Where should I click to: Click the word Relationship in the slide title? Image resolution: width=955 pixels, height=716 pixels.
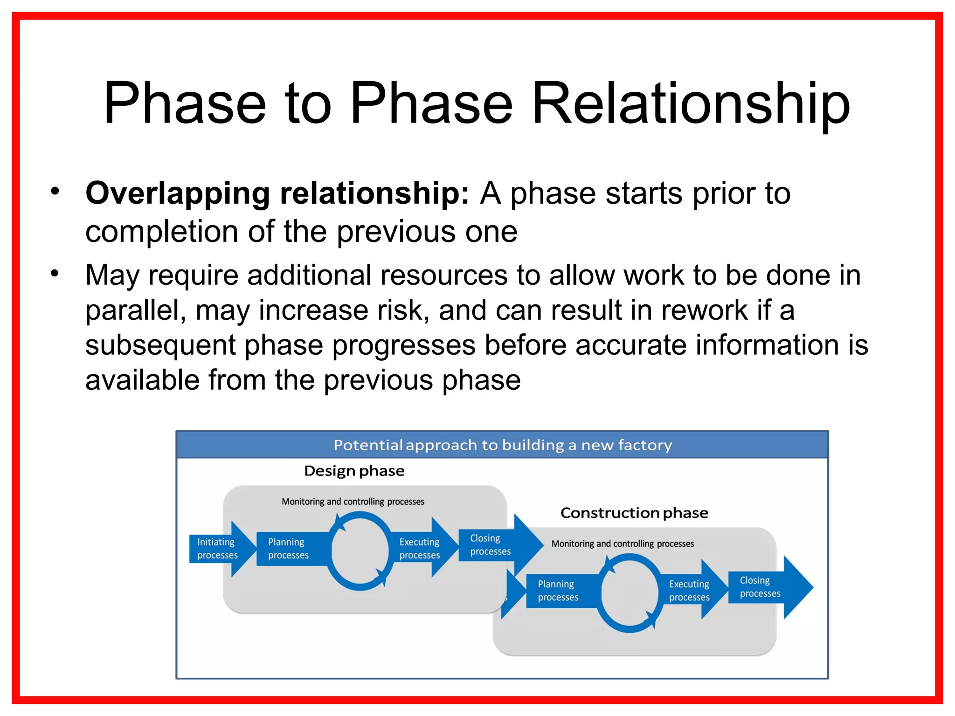(690, 103)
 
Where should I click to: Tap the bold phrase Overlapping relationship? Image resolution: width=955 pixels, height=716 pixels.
(277, 193)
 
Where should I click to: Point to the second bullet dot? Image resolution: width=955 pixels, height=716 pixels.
(55, 273)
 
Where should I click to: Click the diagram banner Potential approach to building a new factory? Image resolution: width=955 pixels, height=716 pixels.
(502, 445)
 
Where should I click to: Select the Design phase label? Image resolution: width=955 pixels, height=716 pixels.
(354, 471)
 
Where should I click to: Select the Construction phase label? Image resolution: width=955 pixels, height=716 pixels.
(634, 513)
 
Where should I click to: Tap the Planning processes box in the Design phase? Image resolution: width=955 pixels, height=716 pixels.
(289, 549)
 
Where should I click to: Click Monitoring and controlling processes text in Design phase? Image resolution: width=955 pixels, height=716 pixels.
(353, 502)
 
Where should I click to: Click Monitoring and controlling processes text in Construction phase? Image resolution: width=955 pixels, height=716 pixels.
(623, 544)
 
